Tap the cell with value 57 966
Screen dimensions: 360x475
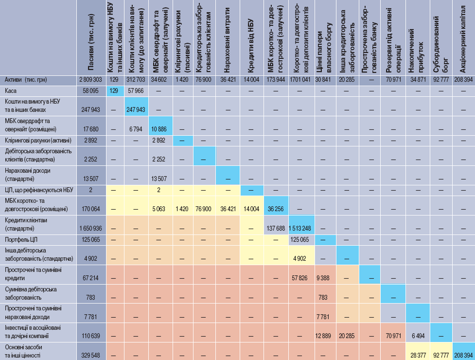point(136,90)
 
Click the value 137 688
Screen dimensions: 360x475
point(276,229)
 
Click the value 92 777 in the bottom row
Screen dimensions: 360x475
point(441,355)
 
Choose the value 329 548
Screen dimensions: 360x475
point(90,355)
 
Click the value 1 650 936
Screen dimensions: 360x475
point(90,229)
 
